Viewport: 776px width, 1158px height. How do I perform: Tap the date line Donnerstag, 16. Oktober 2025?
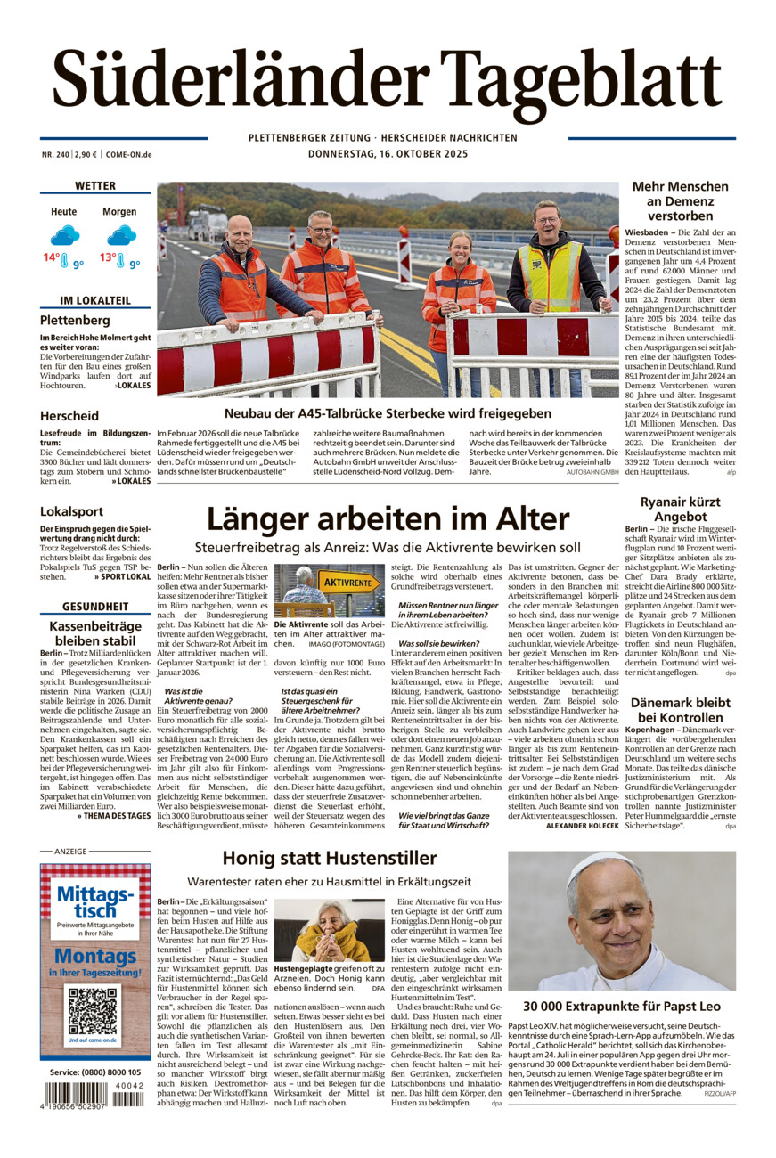point(388,153)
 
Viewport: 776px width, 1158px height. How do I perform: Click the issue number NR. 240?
point(54,154)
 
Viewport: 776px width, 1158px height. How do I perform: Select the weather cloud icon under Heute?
point(64,235)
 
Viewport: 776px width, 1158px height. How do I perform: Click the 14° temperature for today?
point(52,258)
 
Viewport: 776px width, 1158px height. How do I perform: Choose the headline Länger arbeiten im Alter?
point(388,519)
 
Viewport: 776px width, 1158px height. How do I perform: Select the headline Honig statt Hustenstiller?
point(330,858)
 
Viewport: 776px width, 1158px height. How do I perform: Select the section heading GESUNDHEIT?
point(94,607)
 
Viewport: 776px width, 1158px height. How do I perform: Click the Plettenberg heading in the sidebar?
point(75,320)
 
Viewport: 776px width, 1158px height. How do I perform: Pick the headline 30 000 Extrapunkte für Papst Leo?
point(622,1006)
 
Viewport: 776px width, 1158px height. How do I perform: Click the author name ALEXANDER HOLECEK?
point(581,826)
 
